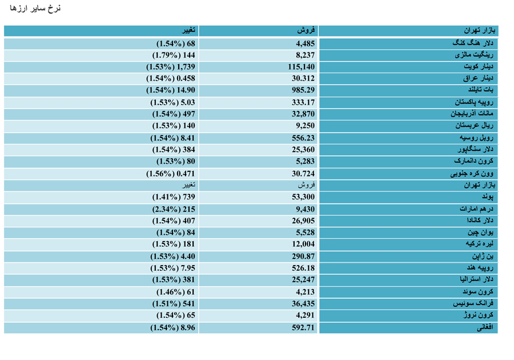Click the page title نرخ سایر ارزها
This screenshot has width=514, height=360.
pyautogui.click(x=35, y=8)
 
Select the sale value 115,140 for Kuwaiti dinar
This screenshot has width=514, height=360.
pyautogui.click(x=301, y=67)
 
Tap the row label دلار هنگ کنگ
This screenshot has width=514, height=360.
pyautogui.click(x=473, y=43)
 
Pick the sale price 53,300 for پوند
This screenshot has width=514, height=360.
pyautogui.click(x=303, y=197)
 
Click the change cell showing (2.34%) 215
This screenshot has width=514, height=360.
pyautogui.click(x=174, y=209)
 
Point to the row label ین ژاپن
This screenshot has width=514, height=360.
pyautogui.click(x=483, y=256)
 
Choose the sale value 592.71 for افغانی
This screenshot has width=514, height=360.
pyautogui.click(x=303, y=327)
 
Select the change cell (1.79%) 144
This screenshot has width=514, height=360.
pyautogui.click(x=174, y=55)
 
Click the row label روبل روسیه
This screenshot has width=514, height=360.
pyautogui.click(x=476, y=138)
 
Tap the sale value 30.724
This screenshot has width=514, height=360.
pyautogui.click(x=303, y=174)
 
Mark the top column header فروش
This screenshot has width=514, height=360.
pyautogui.click(x=306, y=30)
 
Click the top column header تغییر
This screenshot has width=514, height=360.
pyautogui.click(x=189, y=30)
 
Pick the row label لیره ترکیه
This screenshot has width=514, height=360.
pyautogui.click(x=479, y=244)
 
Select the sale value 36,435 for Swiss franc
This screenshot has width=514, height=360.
pyautogui.click(x=303, y=303)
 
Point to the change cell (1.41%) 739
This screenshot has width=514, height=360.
pyautogui.click(x=174, y=197)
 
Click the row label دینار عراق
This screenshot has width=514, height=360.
pyautogui.click(x=478, y=78)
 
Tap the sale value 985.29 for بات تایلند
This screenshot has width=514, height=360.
pyautogui.click(x=303, y=90)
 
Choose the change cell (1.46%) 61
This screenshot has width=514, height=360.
pyautogui.click(x=176, y=292)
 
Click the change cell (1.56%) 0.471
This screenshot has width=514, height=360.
pyautogui.click(x=170, y=174)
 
